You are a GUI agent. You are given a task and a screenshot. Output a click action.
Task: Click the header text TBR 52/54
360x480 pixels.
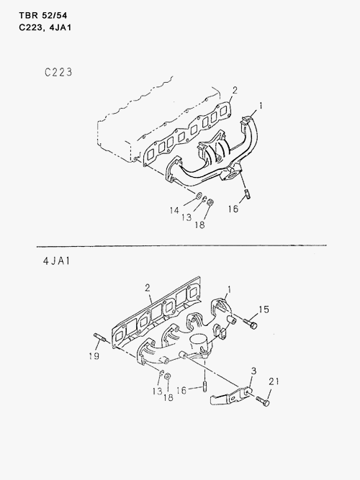pos(43,15)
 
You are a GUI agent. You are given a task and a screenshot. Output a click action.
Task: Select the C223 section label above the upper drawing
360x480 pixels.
pos(58,72)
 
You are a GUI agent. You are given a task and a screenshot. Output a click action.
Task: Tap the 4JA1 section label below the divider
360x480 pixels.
pos(57,261)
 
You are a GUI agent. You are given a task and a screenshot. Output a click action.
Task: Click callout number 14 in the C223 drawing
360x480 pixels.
pos(174,210)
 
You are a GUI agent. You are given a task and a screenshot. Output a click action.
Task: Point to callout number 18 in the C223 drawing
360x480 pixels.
pos(199,225)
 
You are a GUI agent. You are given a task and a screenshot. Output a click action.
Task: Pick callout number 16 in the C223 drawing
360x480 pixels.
pos(233,209)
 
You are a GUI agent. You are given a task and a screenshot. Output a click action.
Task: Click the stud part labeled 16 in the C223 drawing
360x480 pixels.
pos(247,194)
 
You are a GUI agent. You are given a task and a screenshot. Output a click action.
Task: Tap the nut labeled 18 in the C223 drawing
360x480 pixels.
pos(210,202)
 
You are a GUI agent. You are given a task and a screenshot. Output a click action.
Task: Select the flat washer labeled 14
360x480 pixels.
pos(198,195)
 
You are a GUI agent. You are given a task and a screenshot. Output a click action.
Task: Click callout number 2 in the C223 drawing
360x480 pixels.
pos(235,90)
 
